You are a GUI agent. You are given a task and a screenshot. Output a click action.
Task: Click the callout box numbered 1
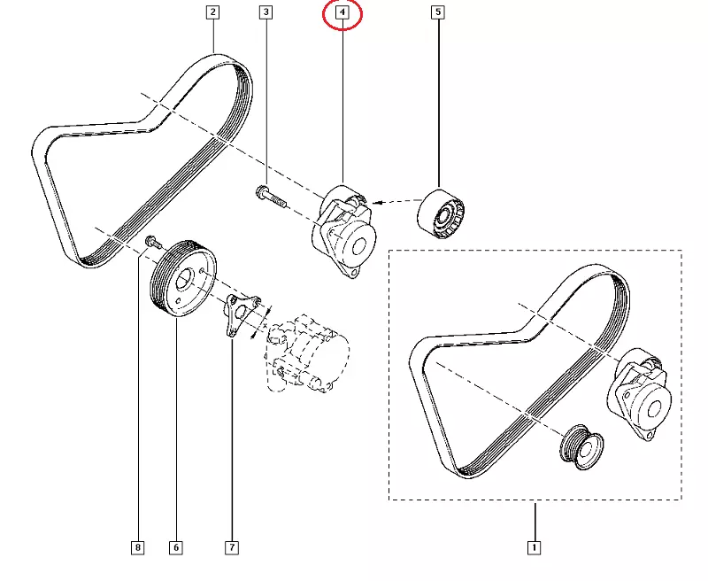coord(534,548)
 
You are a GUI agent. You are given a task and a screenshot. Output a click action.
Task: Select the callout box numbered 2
coord(212,12)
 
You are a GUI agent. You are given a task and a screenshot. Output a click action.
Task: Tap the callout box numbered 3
coord(265,12)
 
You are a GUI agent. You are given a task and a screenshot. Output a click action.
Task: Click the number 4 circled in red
coord(342,13)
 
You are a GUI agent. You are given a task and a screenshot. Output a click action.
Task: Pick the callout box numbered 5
coord(437,12)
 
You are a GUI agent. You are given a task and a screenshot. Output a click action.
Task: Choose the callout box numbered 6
coord(175,548)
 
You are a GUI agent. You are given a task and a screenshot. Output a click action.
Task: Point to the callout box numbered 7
coord(231,548)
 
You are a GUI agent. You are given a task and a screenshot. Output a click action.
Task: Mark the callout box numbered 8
coord(137,548)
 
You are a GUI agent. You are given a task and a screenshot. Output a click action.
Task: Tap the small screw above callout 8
coord(152,241)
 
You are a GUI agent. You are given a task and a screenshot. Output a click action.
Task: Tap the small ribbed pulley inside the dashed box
coord(581,442)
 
